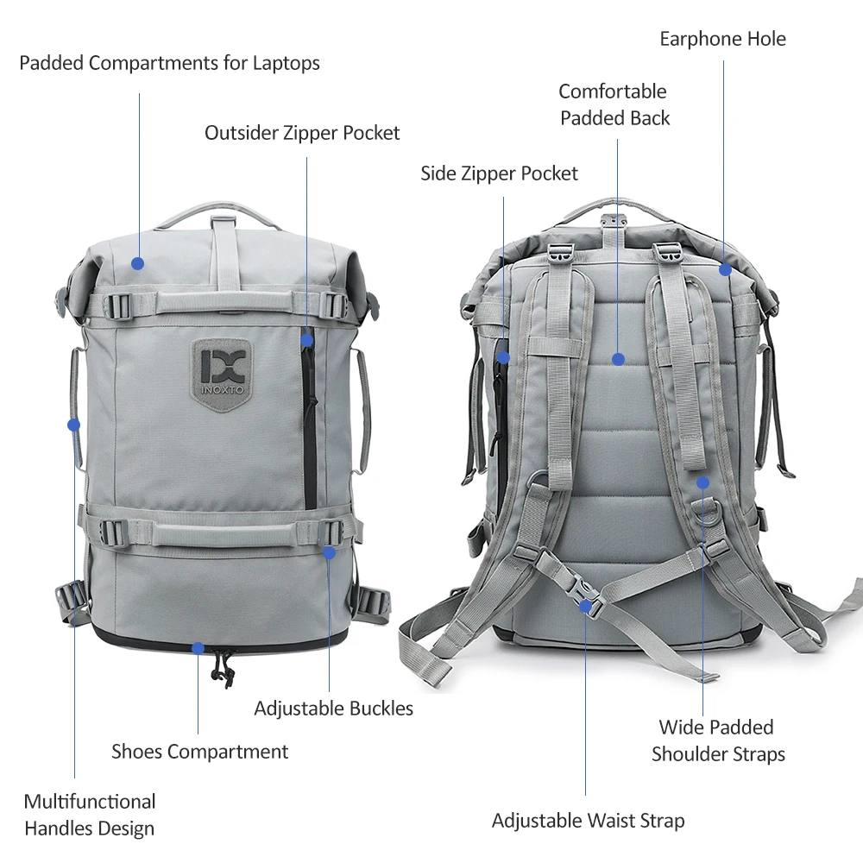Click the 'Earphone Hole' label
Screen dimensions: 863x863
coord(722,39)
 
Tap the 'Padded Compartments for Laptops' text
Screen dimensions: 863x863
coord(169,63)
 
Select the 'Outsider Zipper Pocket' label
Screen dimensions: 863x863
coord(302,133)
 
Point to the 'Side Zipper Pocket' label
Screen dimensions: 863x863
coord(499,174)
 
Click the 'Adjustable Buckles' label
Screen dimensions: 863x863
coord(333,709)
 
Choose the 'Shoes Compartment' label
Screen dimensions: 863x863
coord(200,752)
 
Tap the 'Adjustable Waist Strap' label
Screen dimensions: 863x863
coord(589,821)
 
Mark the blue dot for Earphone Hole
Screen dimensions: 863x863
coord(726,269)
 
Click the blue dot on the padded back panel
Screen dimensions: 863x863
coord(618,359)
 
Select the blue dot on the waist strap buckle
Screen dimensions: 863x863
coord(586,607)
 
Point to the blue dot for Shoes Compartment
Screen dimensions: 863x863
coord(198,648)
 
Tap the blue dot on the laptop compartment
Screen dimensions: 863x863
coord(137,263)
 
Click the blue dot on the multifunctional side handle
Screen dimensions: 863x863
coord(73,425)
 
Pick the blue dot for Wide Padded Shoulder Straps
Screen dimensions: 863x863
coord(702,483)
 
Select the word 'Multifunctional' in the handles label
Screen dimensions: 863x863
coord(90,802)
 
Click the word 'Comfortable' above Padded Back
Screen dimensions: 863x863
coord(613,91)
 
